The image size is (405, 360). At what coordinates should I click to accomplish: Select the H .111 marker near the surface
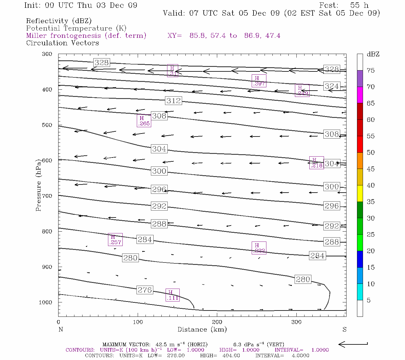tap(172, 295)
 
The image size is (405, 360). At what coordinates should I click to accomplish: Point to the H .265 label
tap(144, 121)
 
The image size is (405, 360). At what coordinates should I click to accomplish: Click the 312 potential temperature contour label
tap(174, 101)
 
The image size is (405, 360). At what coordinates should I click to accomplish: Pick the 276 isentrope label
tap(145, 290)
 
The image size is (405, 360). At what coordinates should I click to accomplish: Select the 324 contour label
tap(332, 86)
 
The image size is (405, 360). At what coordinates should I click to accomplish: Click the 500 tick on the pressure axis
tap(47, 125)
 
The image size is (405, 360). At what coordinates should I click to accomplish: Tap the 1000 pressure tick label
tap(45, 302)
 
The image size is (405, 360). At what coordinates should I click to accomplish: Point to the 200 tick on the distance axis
tap(217, 322)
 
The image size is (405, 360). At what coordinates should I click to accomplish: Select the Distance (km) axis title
tap(202, 330)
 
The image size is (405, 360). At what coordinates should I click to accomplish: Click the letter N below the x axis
tap(61, 330)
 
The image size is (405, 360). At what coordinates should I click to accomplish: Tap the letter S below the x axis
tap(344, 330)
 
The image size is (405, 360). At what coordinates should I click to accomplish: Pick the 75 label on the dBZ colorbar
tap(370, 70)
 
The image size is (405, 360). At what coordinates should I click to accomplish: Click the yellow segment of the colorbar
tap(360, 193)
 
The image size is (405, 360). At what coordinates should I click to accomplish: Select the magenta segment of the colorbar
tap(360, 95)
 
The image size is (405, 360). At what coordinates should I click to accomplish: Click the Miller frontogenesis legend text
tap(86, 36)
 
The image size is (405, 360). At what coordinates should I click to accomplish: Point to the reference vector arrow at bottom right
tap(353, 344)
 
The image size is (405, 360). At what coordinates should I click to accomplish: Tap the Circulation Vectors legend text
tap(62, 43)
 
